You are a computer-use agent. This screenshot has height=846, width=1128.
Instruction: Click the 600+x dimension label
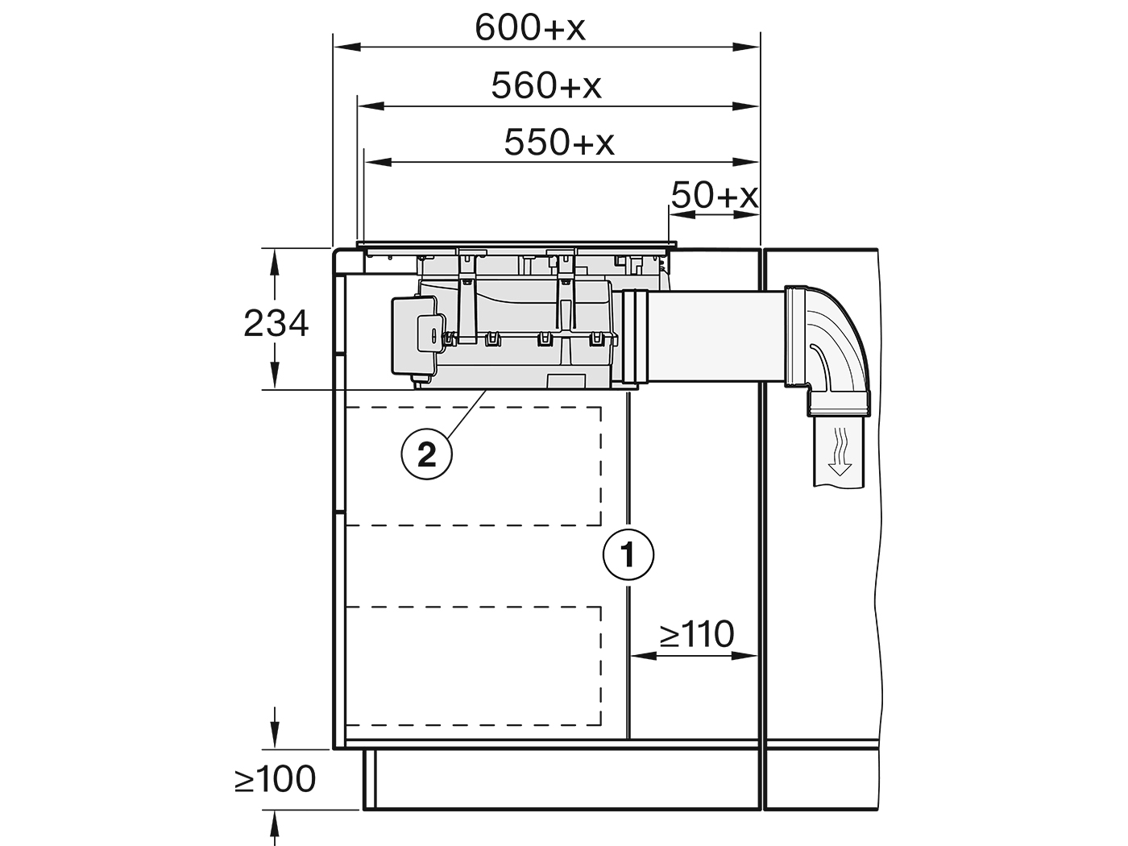[530, 27]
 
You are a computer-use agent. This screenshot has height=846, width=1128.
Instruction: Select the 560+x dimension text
[545, 85]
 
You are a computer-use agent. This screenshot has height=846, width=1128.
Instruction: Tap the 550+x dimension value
[559, 143]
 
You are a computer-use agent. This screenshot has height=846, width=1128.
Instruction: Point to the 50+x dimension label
[715, 195]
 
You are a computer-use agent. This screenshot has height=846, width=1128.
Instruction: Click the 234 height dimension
[276, 324]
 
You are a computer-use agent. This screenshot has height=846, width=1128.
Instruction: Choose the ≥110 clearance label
[697, 634]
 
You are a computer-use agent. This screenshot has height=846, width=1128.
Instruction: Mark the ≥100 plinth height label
[275, 779]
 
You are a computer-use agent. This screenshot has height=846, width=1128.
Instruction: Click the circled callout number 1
[628, 555]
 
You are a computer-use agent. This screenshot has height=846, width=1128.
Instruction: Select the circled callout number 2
[426, 454]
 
